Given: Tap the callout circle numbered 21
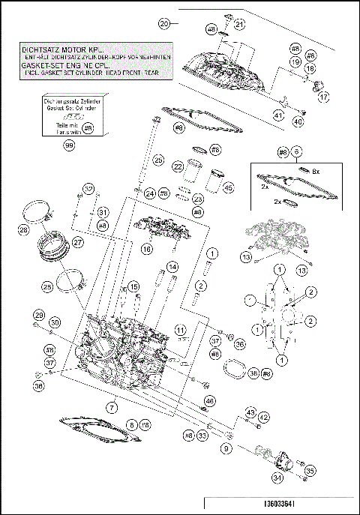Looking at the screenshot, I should (x=238, y=24).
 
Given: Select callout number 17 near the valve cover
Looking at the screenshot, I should (x=324, y=97).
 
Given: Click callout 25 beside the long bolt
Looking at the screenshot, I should (x=157, y=160).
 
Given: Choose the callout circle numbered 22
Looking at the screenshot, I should (x=178, y=166).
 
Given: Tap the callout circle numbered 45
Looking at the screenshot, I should (x=229, y=188).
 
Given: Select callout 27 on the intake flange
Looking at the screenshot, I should (x=77, y=242).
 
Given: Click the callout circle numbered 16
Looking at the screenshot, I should (x=146, y=248).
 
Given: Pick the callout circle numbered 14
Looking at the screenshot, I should (x=172, y=266).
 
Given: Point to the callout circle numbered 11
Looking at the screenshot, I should (x=180, y=329).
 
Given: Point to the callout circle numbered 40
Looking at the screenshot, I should (x=298, y=121).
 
